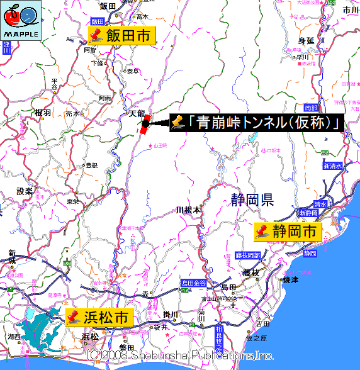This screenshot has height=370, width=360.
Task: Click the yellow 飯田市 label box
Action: (x=121, y=36)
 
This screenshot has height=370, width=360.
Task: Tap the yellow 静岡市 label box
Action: (x=287, y=232)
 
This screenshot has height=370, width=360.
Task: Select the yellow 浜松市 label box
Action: (x=99, y=317)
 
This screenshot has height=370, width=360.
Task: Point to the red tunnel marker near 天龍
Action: (x=146, y=122)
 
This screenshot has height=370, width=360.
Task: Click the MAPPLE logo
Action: (x=21, y=21)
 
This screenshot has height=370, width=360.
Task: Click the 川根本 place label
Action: (x=188, y=210)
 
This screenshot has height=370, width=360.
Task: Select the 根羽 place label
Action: (x=43, y=113)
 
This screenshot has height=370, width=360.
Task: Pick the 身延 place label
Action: (x=306, y=41)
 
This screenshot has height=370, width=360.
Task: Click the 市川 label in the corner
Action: (x=350, y=10)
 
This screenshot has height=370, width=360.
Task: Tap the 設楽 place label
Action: (x=25, y=191)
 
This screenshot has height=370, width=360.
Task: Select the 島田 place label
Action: (x=228, y=288)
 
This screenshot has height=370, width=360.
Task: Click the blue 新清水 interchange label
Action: (x=333, y=166)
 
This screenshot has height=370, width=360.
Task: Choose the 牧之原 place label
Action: (x=260, y=339)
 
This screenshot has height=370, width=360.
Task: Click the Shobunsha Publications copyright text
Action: (x=180, y=356)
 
